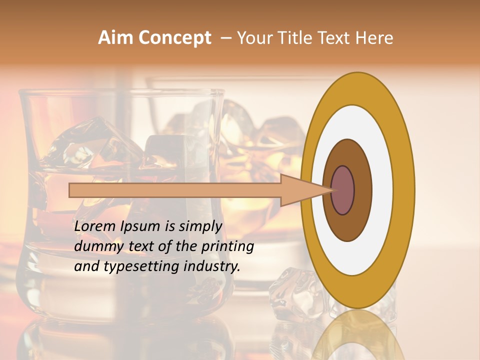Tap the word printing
(x=227, y=246)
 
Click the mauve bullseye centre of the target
(x=343, y=190)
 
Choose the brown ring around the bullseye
(x=362, y=190)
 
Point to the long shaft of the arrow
(x=175, y=190)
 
